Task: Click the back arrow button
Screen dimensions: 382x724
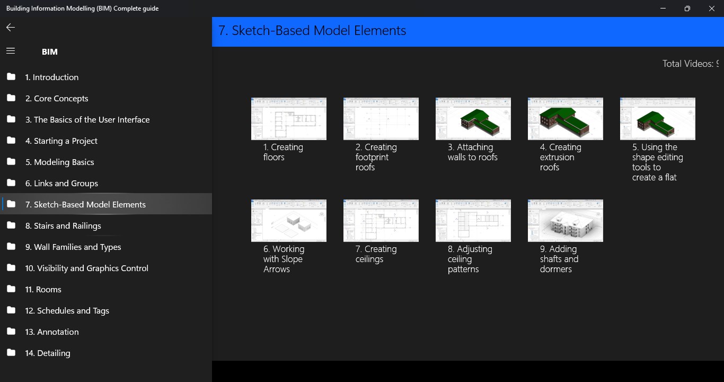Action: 11,28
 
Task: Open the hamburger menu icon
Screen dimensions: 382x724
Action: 11,51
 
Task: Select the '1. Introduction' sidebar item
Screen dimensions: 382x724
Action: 52,77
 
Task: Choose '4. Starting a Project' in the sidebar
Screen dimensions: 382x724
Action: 61,141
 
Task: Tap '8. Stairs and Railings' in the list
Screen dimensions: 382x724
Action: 63,225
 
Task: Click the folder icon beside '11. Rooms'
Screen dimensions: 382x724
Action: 11,289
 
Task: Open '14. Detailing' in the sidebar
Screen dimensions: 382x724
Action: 48,353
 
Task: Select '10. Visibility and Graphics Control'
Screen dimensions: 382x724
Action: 87,268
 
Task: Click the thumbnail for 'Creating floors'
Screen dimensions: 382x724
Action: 288,119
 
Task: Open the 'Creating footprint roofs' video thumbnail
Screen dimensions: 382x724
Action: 381,119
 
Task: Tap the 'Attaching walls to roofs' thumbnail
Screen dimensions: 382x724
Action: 473,119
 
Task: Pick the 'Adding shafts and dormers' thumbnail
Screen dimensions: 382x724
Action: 565,221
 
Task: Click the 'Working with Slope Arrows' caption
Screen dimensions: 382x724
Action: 284,259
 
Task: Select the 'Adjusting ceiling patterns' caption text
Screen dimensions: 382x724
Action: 470,259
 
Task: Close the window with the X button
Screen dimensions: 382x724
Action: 712,8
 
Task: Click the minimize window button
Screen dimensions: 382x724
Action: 663,8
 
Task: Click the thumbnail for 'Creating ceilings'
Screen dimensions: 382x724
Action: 381,221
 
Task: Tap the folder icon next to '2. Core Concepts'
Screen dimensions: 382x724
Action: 11,98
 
